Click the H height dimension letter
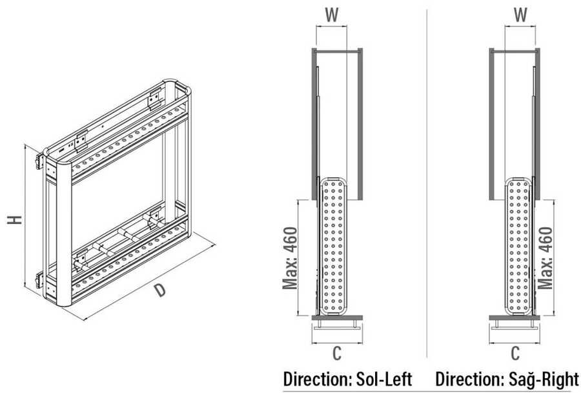[x=15, y=219]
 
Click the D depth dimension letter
[x=159, y=290]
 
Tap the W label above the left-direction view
[x=332, y=15]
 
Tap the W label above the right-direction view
[x=520, y=15]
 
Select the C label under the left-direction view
[x=336, y=353]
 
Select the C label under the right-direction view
[x=515, y=353]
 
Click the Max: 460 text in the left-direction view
[x=290, y=257]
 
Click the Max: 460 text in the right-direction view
[x=545, y=257]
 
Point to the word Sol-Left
[x=384, y=379]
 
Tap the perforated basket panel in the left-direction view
[x=332, y=247]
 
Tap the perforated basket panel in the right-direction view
[x=518, y=247]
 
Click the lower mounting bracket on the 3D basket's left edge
[x=40, y=280]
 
